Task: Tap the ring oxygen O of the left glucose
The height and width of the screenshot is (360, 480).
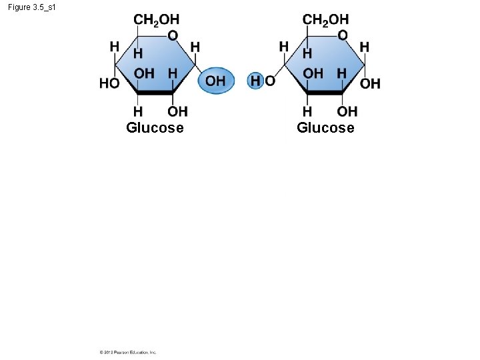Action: [173, 35]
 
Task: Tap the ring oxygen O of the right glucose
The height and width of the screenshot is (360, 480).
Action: [342, 35]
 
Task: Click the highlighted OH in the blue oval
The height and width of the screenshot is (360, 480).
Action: [215, 81]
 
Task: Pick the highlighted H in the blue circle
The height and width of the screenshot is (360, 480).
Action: [255, 81]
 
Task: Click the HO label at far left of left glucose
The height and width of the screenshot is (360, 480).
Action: [109, 83]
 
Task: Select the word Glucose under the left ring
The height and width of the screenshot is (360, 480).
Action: [155, 127]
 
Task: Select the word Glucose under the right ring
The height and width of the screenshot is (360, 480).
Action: [325, 127]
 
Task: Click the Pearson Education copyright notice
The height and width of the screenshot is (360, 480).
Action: [128, 352]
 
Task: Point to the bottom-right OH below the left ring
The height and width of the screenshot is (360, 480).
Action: [177, 111]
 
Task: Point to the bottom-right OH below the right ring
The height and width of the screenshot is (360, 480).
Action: [347, 111]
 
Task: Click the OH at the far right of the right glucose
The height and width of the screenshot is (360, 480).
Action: [370, 83]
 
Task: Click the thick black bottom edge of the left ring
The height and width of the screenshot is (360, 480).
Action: [155, 93]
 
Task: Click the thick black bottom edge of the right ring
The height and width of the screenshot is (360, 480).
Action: [325, 93]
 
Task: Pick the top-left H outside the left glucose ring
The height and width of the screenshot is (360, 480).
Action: [115, 46]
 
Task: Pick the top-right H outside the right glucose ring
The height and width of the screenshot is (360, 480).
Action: [364, 47]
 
